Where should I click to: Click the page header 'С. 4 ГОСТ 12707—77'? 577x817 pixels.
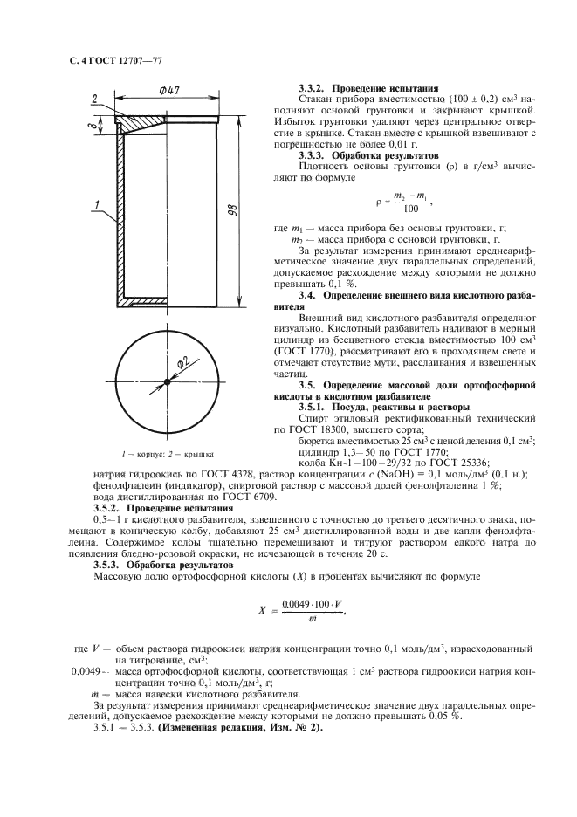(115, 60)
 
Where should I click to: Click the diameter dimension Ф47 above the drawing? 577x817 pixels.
(169, 90)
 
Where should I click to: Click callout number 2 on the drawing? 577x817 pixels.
(93, 99)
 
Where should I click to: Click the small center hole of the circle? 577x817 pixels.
(166, 379)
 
